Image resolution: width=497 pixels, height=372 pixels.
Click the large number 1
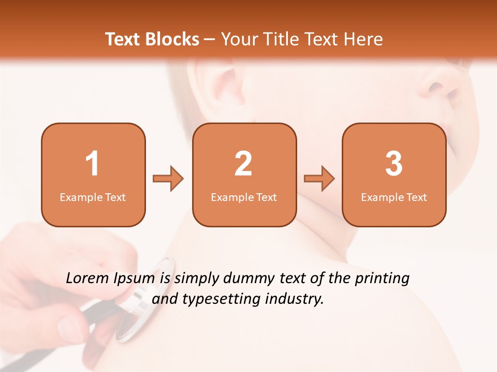pyautogui.click(x=92, y=164)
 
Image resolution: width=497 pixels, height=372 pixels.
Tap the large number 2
pyautogui.click(x=243, y=164)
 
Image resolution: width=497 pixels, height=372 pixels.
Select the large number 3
pyautogui.click(x=394, y=164)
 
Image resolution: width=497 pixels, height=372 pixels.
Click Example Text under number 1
pyautogui.click(x=93, y=197)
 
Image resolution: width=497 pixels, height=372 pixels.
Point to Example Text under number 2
pyautogui.click(x=244, y=197)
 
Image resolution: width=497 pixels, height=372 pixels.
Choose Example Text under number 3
pyautogui.click(x=394, y=197)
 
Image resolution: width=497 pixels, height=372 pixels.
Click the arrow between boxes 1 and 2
pyautogui.click(x=168, y=179)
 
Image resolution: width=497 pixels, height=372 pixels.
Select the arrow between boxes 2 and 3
pyautogui.click(x=319, y=179)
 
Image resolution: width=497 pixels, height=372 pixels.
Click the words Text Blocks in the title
pyautogui.click(x=152, y=39)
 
